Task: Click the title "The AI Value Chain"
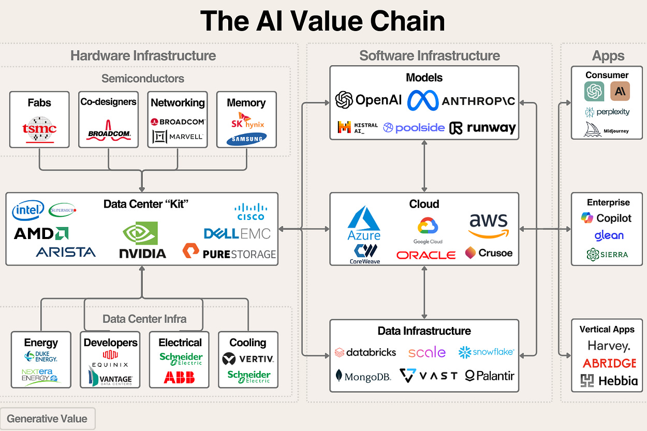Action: [322, 22]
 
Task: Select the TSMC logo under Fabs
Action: [39, 129]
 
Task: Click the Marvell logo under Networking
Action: [178, 137]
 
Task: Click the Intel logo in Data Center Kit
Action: [28, 211]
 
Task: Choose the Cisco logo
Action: [249, 212]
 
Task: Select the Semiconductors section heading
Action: [143, 79]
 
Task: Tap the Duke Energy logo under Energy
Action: [40, 356]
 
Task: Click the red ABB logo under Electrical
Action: [179, 377]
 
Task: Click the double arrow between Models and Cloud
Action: [424, 166]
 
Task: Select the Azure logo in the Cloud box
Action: [364, 224]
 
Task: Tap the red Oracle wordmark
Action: [426, 255]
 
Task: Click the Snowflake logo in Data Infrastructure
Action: [486, 352]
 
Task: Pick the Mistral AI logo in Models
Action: [357, 127]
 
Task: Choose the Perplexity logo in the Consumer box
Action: [607, 112]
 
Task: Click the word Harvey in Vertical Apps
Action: [609, 346]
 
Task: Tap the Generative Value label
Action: [47, 419]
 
